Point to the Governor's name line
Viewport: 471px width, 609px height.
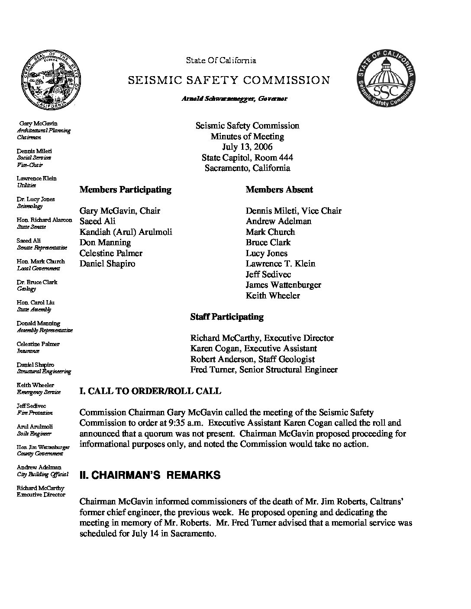click(x=234, y=99)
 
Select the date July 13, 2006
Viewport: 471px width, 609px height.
click(x=247, y=147)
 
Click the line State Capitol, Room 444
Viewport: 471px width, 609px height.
click(x=247, y=157)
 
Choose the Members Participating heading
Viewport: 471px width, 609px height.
click(x=125, y=189)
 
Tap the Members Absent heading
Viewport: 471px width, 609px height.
click(x=279, y=189)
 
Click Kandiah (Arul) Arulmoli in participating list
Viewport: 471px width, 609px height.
click(x=126, y=232)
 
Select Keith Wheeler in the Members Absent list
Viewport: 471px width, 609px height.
click(x=273, y=296)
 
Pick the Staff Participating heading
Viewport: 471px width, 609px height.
click(x=227, y=317)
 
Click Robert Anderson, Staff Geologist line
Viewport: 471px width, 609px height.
click(x=252, y=359)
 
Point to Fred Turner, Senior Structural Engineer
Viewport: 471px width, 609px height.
click(x=264, y=370)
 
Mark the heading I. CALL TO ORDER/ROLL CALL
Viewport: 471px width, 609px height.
click(x=150, y=391)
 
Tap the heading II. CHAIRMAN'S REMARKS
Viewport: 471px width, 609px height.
click(x=150, y=475)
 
